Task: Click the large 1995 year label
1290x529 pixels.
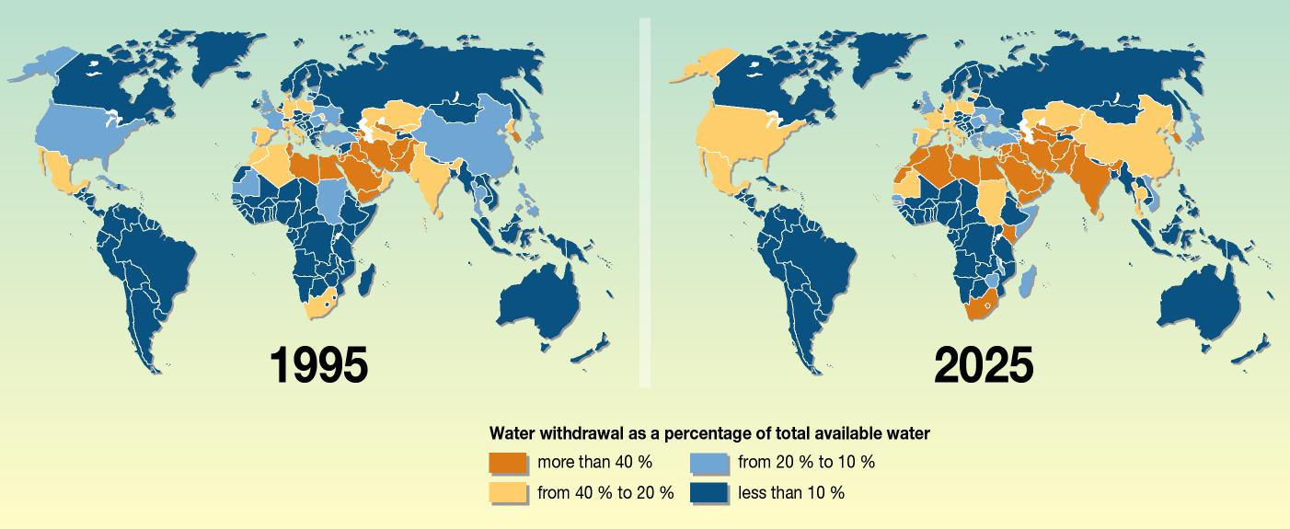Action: pos(319,365)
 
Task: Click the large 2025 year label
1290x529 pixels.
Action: pos(984,365)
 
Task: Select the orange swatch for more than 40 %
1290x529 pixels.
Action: pos(508,462)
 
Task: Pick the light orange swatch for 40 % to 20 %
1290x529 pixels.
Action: pos(508,492)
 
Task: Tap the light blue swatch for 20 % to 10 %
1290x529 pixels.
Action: pos(708,462)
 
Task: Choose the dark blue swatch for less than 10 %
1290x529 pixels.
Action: pos(708,492)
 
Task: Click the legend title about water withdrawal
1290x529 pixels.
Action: pos(709,432)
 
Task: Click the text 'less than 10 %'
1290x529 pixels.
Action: pos(790,492)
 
